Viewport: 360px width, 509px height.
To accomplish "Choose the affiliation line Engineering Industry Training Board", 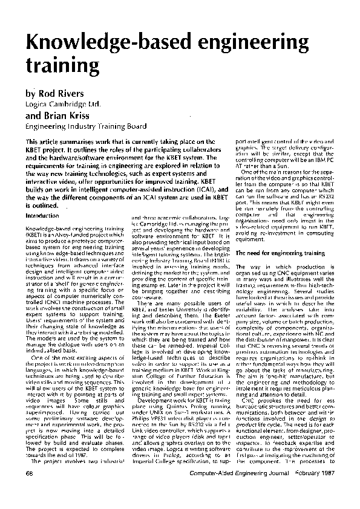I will point(85,126).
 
